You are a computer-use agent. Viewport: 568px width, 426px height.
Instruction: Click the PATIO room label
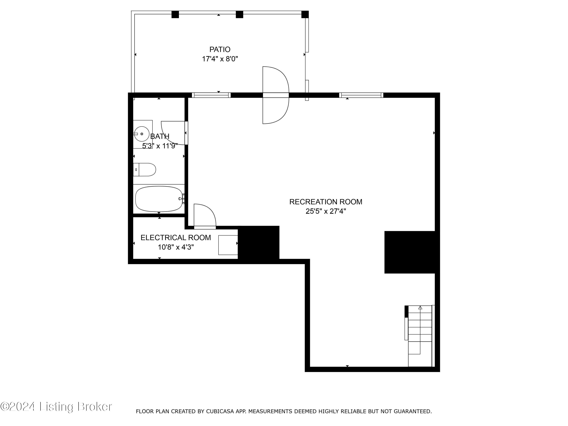tap(220, 49)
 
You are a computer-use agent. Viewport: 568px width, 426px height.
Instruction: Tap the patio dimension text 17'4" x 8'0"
tap(220, 59)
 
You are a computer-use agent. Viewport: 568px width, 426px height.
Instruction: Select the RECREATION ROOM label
tap(326, 202)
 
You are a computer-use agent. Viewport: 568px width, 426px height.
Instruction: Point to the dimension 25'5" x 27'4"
tap(326, 211)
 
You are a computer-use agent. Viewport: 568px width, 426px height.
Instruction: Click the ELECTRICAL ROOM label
tap(176, 238)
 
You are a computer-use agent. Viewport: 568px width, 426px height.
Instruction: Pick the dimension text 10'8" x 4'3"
tap(176, 247)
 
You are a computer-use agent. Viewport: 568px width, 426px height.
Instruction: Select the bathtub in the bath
tap(159, 199)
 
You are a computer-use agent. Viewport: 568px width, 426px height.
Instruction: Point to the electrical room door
tap(205, 216)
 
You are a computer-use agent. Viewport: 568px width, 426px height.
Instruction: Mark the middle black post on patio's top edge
tap(239, 14)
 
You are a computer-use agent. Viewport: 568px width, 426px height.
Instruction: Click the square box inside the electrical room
tap(228, 245)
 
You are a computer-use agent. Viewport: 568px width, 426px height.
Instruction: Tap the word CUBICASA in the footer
tap(220, 412)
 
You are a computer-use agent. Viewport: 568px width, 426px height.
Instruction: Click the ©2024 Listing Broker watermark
tap(56, 406)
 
